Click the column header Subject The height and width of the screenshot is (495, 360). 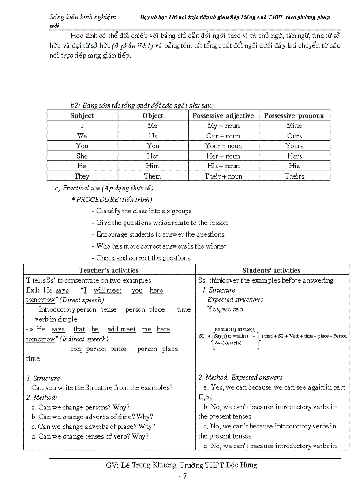82,115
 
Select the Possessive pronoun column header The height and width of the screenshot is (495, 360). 294,115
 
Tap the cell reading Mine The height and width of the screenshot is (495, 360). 294,126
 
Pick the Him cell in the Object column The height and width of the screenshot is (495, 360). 153,166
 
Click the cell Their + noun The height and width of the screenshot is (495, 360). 223,176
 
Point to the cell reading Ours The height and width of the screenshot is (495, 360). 294,136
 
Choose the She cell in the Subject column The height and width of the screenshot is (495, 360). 82,156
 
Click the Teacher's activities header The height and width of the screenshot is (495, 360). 109,270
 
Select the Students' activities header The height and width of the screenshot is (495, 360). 271,270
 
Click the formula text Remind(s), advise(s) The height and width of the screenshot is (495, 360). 235,329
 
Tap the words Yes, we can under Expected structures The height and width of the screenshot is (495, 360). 225,309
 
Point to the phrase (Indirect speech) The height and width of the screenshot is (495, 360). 84,339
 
